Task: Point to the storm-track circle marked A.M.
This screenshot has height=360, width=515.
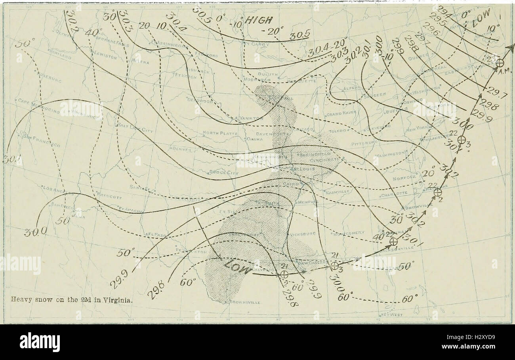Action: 500,63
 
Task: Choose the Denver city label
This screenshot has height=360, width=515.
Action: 182,150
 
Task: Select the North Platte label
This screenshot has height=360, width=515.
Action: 220,133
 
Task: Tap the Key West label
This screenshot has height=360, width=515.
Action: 393,315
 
